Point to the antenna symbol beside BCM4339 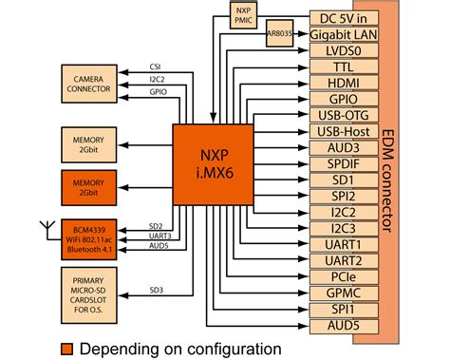point(43,228)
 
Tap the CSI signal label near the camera point(155,66)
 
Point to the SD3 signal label point(155,290)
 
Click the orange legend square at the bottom point(66,348)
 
